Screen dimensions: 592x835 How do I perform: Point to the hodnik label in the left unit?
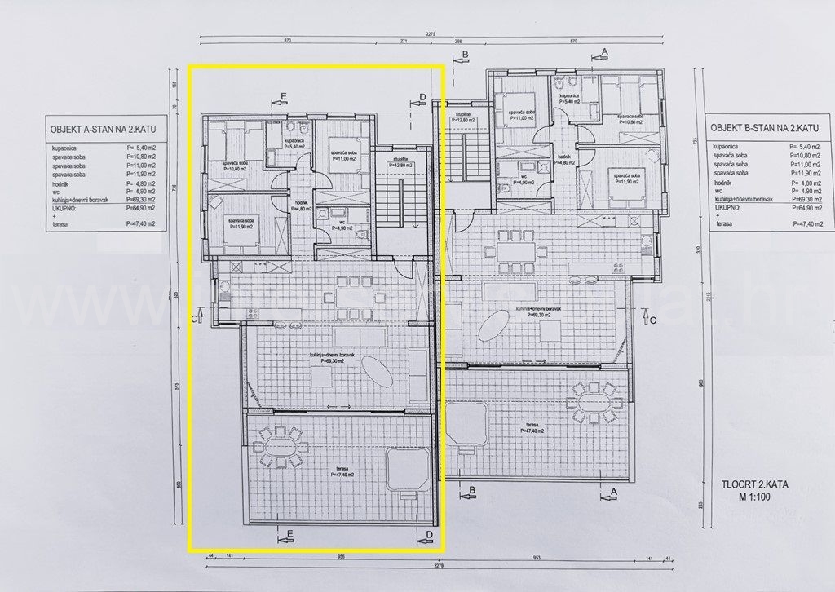point(303,205)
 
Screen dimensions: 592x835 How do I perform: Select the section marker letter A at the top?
point(604,51)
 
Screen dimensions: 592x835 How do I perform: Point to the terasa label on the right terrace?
point(533,426)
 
